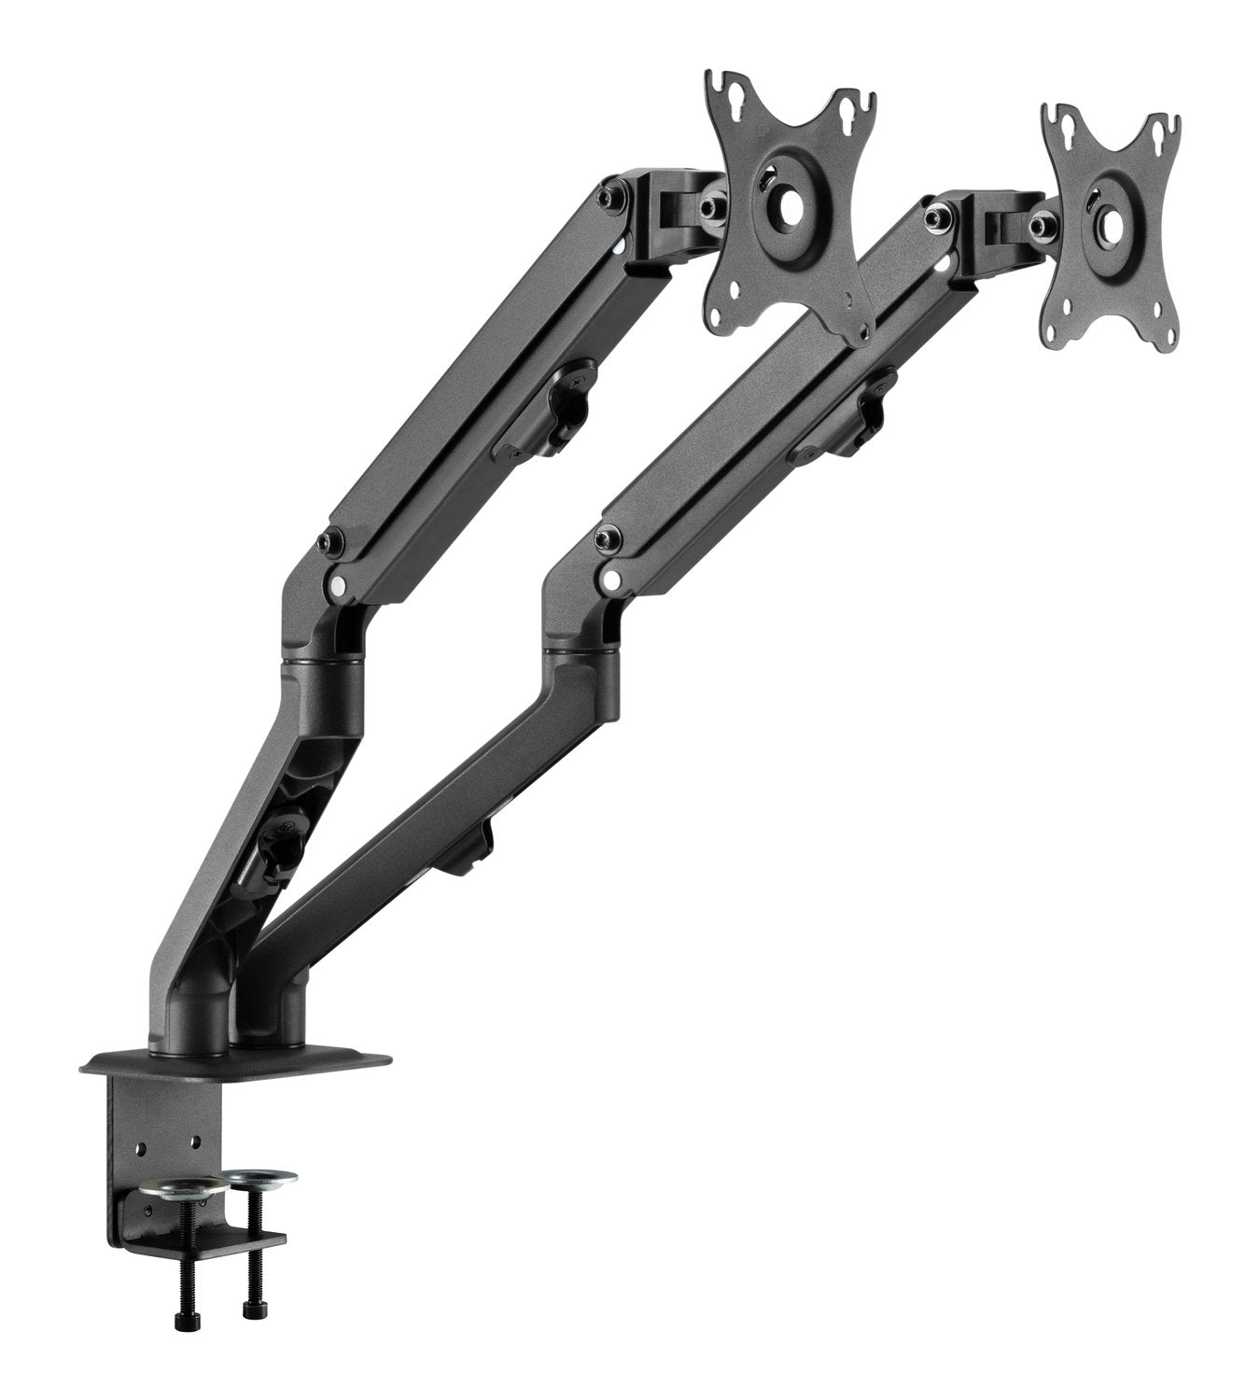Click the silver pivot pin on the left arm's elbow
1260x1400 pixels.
click(334, 585)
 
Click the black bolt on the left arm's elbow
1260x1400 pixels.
click(326, 541)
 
